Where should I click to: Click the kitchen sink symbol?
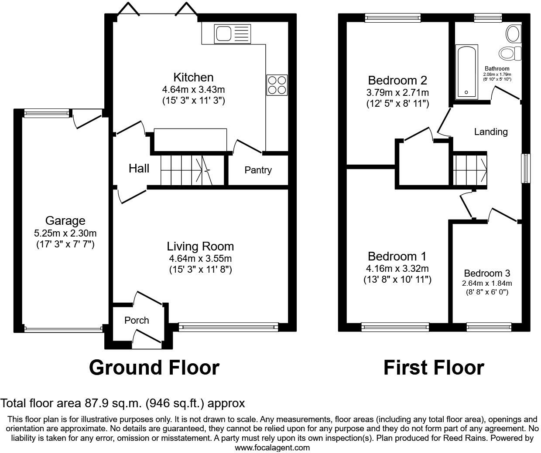tap(233, 34)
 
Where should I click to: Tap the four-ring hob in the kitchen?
tap(277, 85)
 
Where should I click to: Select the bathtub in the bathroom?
tap(466, 72)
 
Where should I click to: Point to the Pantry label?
tap(258, 170)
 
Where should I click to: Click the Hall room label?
tap(139, 169)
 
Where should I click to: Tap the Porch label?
tap(137, 321)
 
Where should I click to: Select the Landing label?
tap(491, 132)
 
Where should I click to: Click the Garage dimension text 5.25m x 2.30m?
tap(65, 233)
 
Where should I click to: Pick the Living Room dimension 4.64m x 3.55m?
tap(200, 258)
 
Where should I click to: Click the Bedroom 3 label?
tap(487, 274)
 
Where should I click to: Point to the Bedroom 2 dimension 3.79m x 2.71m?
tap(397, 92)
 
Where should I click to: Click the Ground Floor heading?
tap(154, 368)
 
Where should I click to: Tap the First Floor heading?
tap(434, 368)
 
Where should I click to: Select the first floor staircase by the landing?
tap(470, 169)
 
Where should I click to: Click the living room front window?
tap(228, 327)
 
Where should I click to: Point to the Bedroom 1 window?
tap(395, 327)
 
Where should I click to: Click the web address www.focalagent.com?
tap(272, 447)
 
